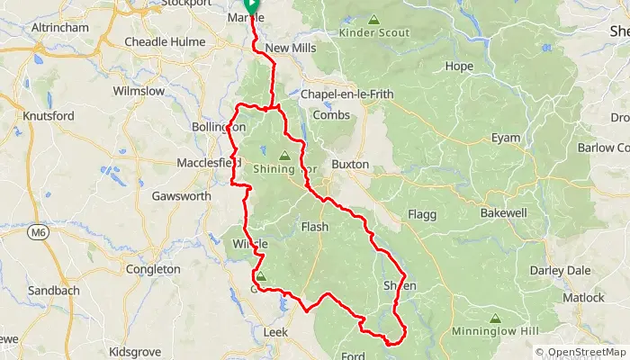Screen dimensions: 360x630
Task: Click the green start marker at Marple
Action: (251, 5)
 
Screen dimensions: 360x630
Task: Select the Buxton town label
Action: (350, 166)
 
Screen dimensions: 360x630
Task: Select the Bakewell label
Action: (503, 213)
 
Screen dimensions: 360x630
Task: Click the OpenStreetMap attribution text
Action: (582, 352)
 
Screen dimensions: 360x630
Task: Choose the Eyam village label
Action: (505, 138)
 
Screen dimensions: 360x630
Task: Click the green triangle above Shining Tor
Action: (285, 155)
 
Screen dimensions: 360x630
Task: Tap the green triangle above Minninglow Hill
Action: (494, 319)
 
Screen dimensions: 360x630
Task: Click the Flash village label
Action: (314, 228)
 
